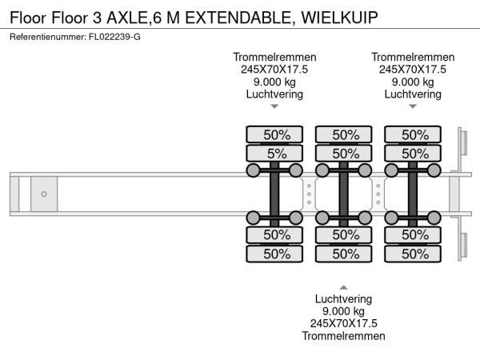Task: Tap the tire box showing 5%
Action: (x=274, y=153)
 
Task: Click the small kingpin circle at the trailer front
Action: (x=44, y=194)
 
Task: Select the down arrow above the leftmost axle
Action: (x=274, y=106)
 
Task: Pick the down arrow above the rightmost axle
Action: (x=413, y=106)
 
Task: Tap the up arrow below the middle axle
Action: (x=343, y=286)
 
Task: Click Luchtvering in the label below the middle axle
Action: (x=343, y=298)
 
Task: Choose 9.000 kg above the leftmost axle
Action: (x=274, y=82)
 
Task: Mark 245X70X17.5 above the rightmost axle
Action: (x=413, y=70)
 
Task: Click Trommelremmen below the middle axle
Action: (x=343, y=336)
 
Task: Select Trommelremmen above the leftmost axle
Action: (x=274, y=57)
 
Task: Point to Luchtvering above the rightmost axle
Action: (x=413, y=94)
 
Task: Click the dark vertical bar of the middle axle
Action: (x=343, y=193)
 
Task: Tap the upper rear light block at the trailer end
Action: (x=462, y=144)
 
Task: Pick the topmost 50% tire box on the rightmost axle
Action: (x=413, y=134)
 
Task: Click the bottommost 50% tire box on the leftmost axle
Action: (x=274, y=254)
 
